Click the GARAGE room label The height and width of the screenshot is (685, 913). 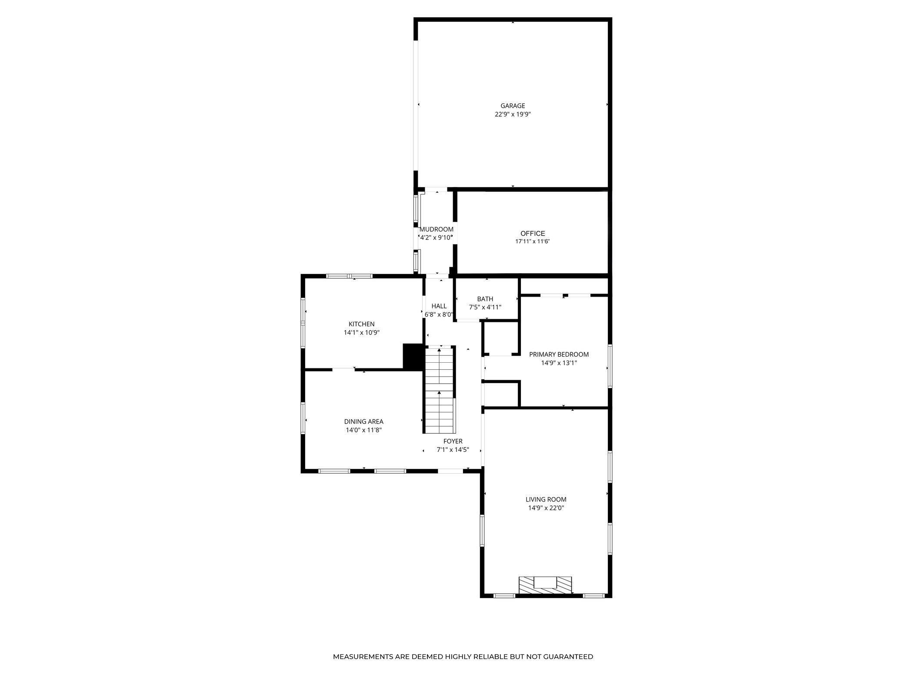click(513, 106)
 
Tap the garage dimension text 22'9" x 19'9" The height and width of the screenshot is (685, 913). click(513, 114)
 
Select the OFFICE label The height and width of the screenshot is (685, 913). click(533, 234)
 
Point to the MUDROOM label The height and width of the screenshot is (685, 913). click(436, 229)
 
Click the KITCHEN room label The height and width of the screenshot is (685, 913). click(361, 324)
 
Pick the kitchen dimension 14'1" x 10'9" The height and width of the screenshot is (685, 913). click(361, 333)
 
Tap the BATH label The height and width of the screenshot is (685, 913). click(485, 299)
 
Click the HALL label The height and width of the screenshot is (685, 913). click(439, 306)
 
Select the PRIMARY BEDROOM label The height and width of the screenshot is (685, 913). click(559, 354)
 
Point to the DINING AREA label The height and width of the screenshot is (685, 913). click(363, 421)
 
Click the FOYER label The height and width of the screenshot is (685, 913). click(453, 441)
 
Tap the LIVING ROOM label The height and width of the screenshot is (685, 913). click(546, 500)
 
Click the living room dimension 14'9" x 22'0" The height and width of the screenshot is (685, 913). click(546, 508)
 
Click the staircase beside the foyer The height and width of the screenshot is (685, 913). click(440, 390)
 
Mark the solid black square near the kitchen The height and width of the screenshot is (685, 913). click(413, 357)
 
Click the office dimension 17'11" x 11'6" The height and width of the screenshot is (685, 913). click(533, 242)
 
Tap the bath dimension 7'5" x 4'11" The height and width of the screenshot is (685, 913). click(485, 307)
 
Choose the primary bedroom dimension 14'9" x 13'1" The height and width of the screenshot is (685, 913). click(559, 363)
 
